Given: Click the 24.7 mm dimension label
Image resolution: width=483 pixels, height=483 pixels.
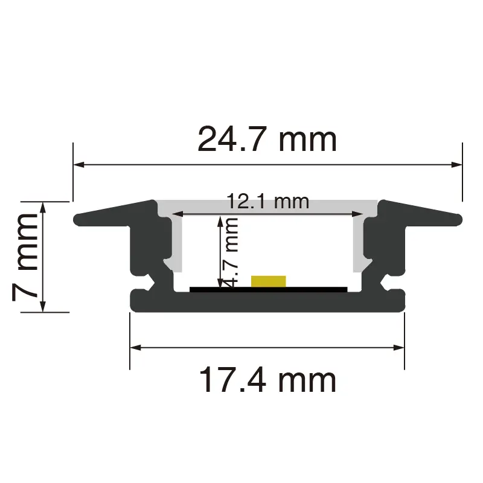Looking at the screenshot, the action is pyautogui.click(x=267, y=139).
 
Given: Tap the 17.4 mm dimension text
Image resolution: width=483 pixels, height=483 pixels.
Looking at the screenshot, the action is pyautogui.click(x=267, y=380).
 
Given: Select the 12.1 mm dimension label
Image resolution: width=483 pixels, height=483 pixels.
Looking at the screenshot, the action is pyautogui.click(x=267, y=202).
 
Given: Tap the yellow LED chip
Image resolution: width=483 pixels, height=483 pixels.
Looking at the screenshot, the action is pyautogui.click(x=268, y=281).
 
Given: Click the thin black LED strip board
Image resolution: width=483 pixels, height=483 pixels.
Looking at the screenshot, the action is pyautogui.click(x=268, y=289).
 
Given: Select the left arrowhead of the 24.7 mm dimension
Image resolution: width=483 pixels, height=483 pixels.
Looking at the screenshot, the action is pyautogui.click(x=79, y=165).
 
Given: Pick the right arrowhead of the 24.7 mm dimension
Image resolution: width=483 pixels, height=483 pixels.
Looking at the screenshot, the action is pyautogui.click(x=456, y=165).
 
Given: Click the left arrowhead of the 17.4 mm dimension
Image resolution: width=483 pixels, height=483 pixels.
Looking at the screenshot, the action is pyautogui.click(x=135, y=348).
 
